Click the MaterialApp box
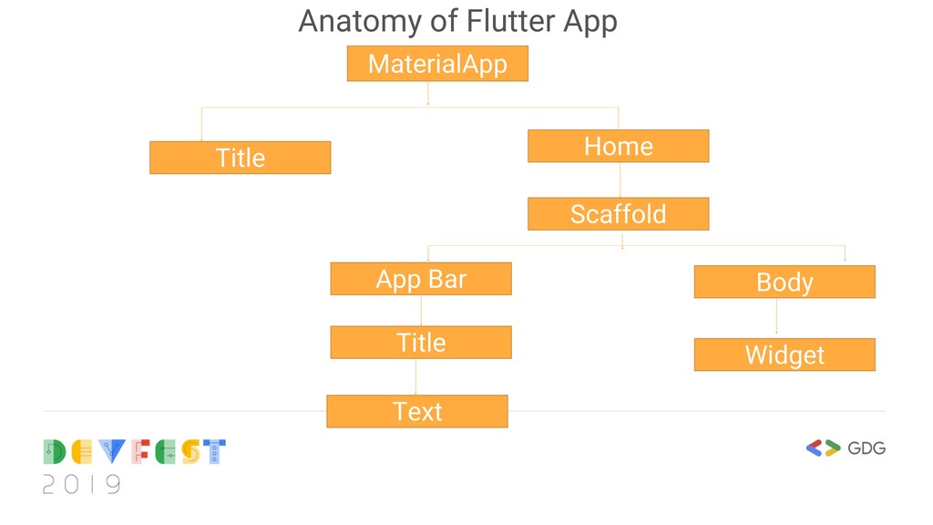[x=437, y=64]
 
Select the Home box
[x=618, y=146]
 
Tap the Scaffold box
[x=618, y=214]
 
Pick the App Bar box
[x=421, y=279]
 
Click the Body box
[x=784, y=282]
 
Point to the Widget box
[x=784, y=355]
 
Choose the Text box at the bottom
[x=417, y=411]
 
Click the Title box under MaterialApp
[x=240, y=158]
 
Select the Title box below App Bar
[x=421, y=343]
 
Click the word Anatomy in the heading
[x=351, y=21]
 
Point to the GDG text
[x=866, y=448]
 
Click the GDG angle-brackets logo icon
[x=823, y=448]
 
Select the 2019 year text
[x=81, y=484]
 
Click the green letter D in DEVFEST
[x=55, y=452]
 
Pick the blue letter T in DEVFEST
[x=214, y=452]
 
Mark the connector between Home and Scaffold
[x=620, y=180]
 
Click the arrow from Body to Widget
[x=776, y=316]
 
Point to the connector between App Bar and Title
[x=421, y=311]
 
